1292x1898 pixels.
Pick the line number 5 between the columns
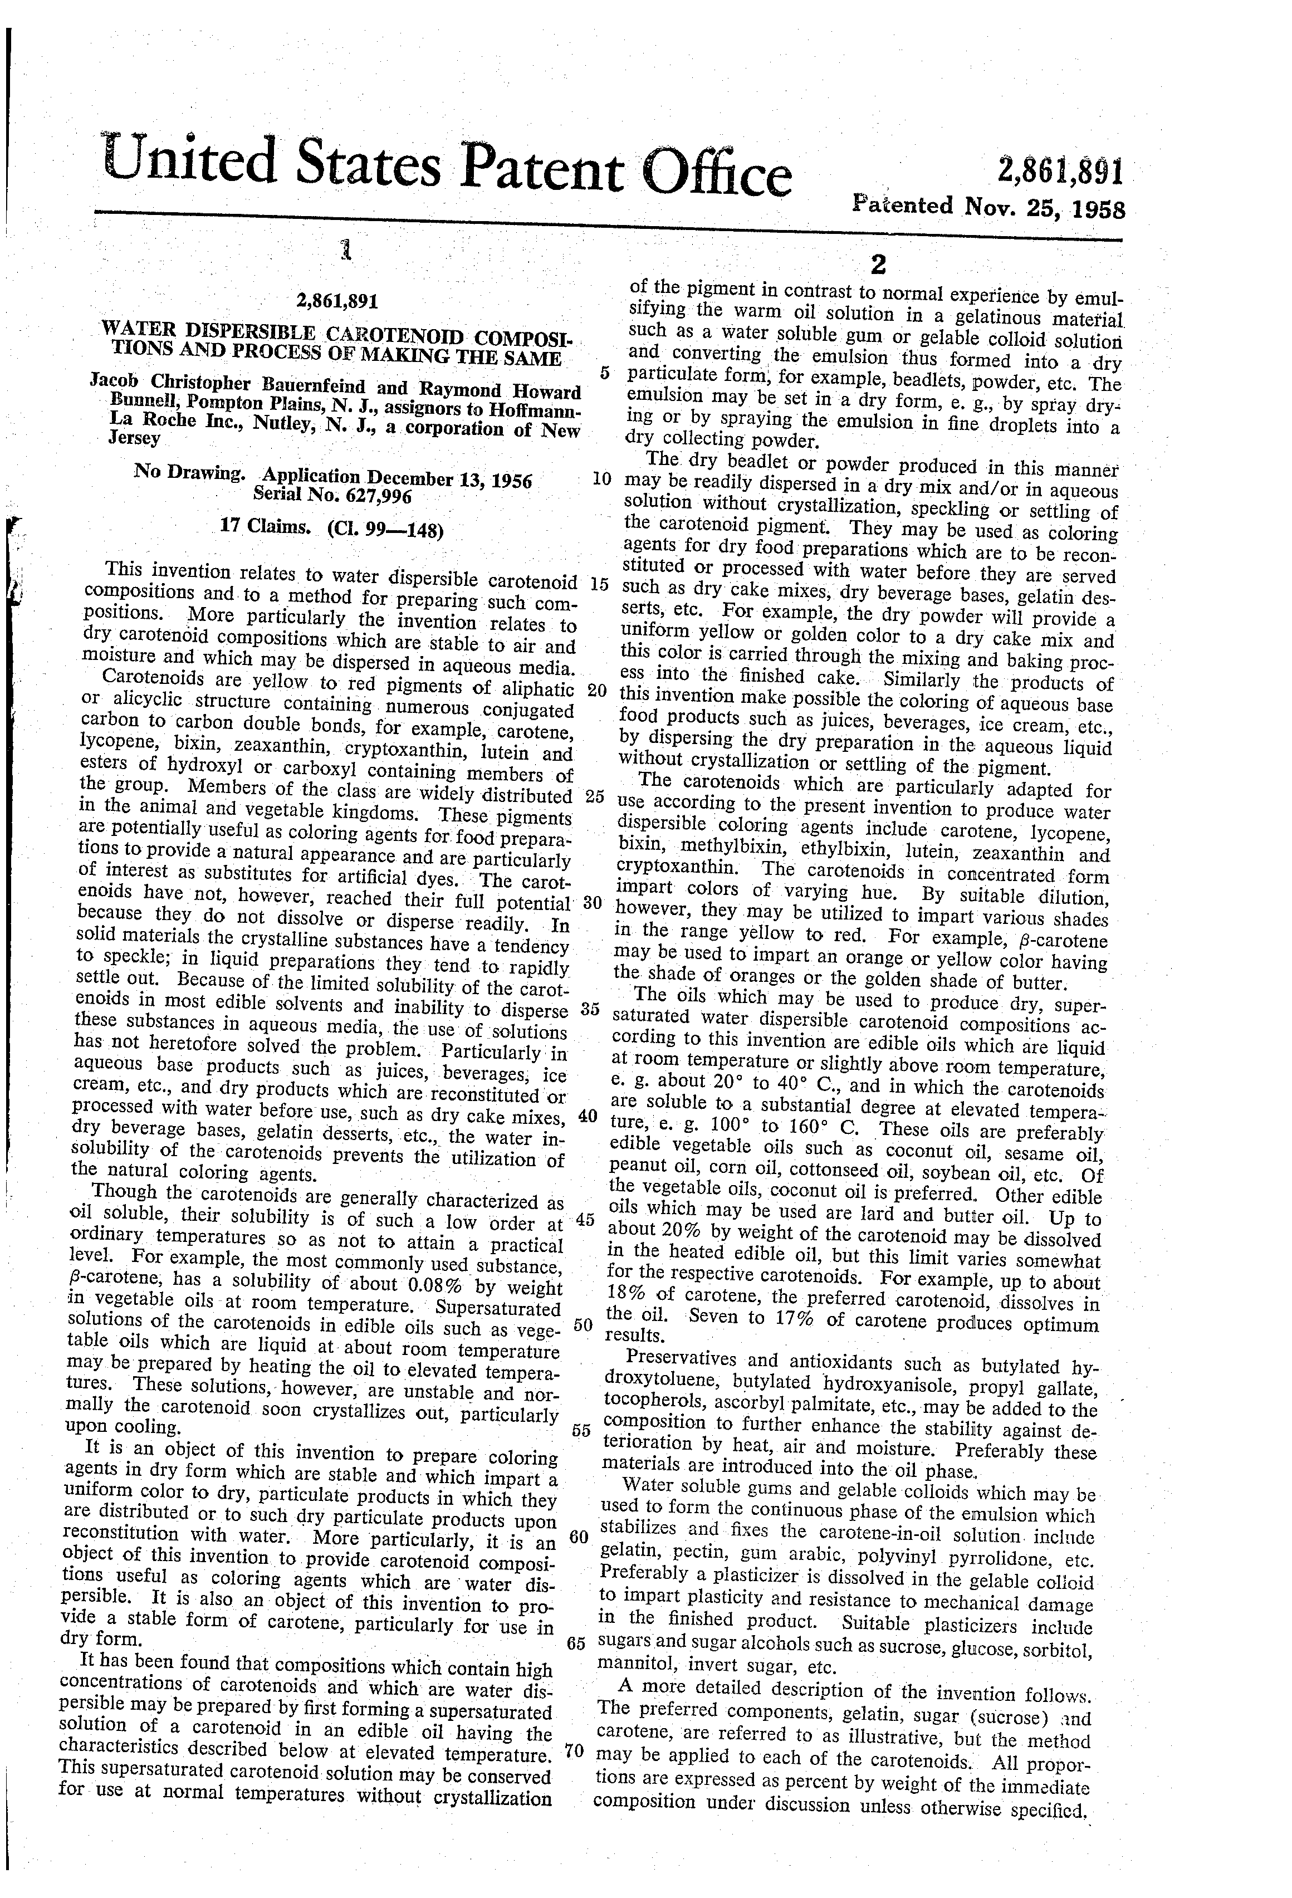coord(604,373)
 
